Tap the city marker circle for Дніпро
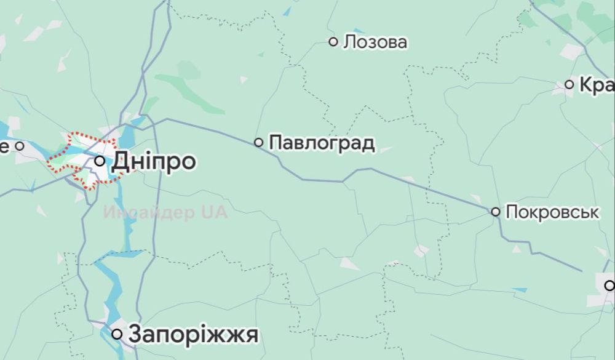[x=100, y=161]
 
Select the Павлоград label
[x=322, y=143]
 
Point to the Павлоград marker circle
[x=259, y=142]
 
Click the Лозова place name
[x=375, y=42]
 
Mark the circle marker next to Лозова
[x=333, y=42]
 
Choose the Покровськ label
[x=552, y=212]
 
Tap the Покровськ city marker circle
[x=495, y=212]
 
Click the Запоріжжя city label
[x=193, y=335]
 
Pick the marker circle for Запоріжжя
[x=117, y=334]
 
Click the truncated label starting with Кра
[x=597, y=85]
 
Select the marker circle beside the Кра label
[x=569, y=84]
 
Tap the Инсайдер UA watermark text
[x=165, y=213]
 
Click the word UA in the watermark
[x=213, y=213]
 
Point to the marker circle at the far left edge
[x=19, y=146]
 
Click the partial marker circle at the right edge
[x=609, y=285]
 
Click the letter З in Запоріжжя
[x=135, y=335]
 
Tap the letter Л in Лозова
[x=350, y=42]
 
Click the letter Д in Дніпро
[x=121, y=162]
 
